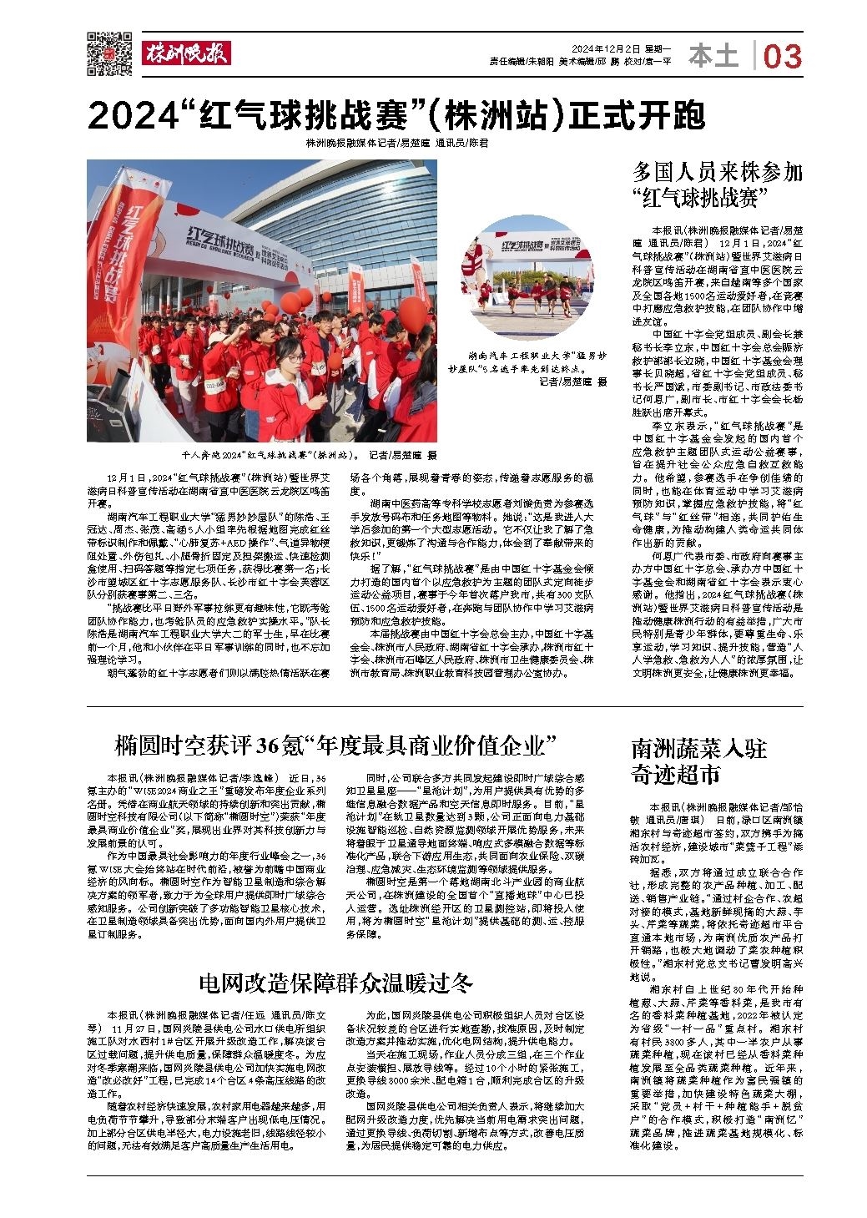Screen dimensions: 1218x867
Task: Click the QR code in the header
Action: point(110,52)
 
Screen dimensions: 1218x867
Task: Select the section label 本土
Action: point(714,57)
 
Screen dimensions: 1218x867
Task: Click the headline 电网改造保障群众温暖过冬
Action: point(336,980)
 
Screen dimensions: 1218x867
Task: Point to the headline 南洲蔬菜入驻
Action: point(698,748)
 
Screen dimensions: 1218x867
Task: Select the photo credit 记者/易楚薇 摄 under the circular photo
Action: point(572,382)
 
